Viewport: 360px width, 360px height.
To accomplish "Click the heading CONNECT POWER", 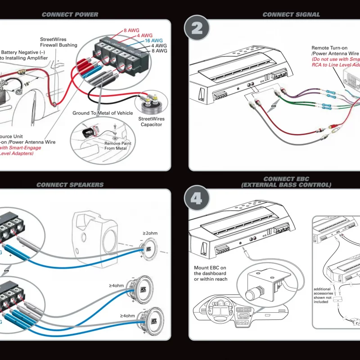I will point(70,14).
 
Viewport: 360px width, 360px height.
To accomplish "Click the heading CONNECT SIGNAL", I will point(291,14).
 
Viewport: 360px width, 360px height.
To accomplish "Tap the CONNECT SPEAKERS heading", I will point(70,184).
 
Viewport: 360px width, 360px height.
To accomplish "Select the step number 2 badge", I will point(197,28).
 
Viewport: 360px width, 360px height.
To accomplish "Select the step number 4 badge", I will point(197,198).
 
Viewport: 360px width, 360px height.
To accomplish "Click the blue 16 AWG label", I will point(153,40).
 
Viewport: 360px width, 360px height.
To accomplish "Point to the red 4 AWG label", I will point(144,36).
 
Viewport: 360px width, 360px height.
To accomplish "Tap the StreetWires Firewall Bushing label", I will point(58,42).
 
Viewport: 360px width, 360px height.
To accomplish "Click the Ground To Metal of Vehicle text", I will point(103,113).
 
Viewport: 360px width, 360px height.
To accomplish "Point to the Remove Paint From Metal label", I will point(116,146).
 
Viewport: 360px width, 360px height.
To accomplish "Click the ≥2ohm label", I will point(150,234).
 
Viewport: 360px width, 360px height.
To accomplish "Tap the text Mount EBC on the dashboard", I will point(211,274).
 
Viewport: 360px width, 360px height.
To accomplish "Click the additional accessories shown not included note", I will point(324,295).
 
